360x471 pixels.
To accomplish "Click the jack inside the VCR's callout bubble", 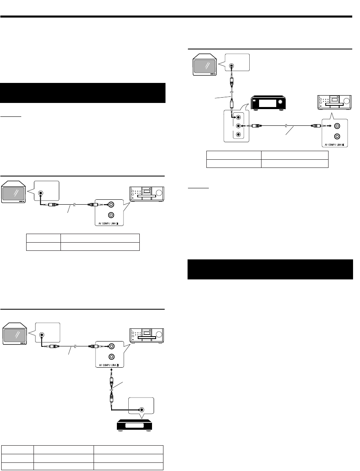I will (141, 410).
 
